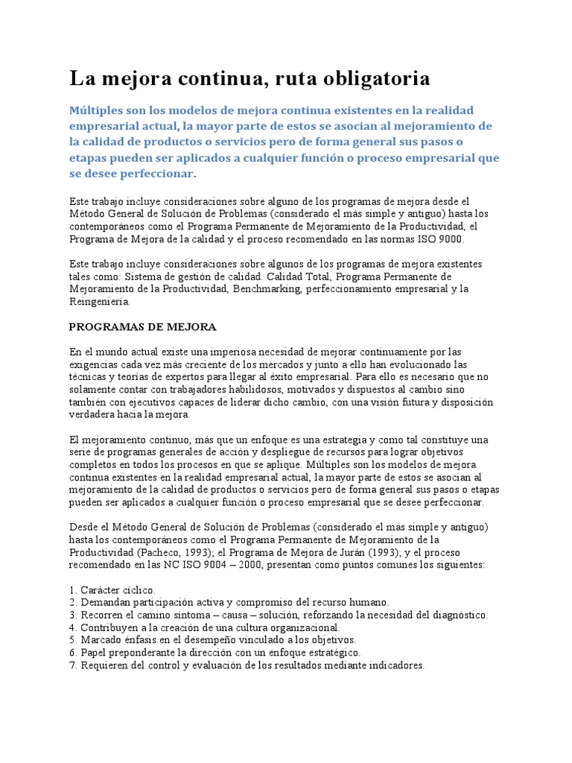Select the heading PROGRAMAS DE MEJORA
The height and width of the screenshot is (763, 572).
pyautogui.click(x=142, y=326)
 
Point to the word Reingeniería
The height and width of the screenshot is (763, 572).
pyautogui.click(x=100, y=302)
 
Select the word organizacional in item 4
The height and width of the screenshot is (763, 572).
pyautogui.click(x=296, y=627)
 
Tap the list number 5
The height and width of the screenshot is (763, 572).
pyautogui.click(x=72, y=640)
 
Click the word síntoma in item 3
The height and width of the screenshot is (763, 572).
pyautogui.click(x=195, y=615)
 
